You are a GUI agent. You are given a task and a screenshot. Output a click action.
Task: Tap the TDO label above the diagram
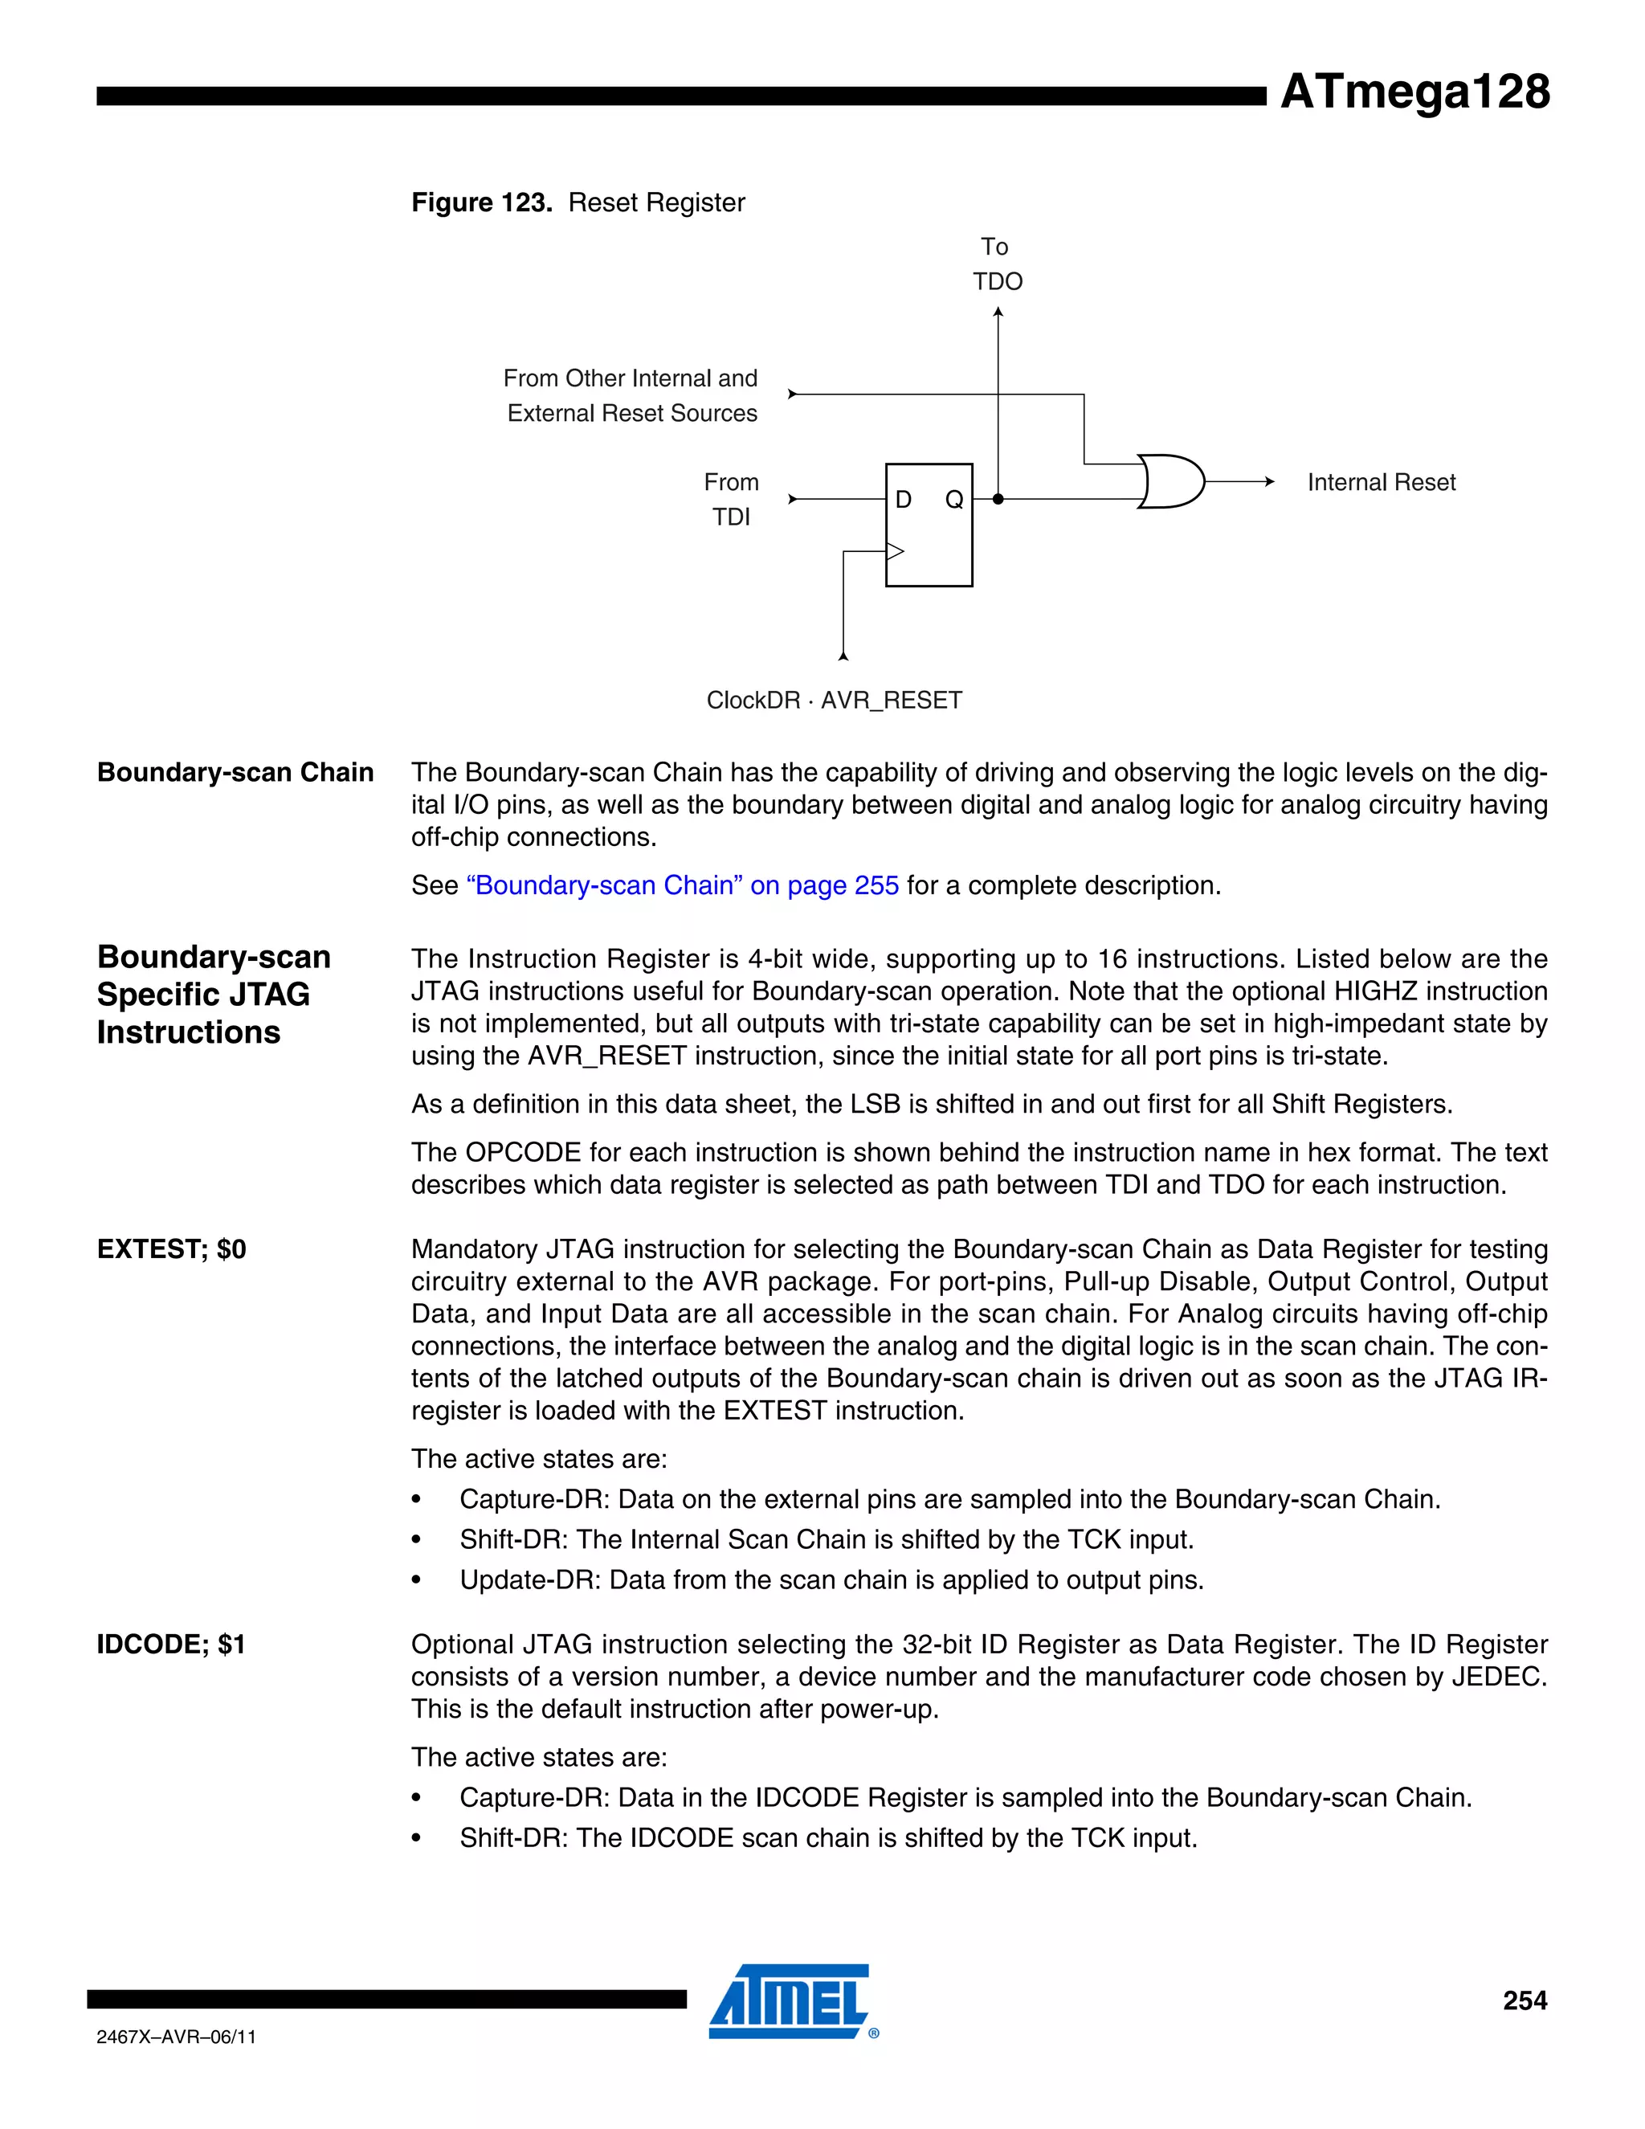(997, 282)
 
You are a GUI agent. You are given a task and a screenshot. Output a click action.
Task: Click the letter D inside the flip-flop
(904, 500)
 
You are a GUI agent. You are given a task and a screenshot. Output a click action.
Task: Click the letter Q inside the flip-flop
(954, 500)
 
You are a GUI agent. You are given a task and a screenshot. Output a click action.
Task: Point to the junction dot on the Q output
(998, 499)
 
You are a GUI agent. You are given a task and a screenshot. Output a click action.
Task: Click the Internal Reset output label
(1381, 483)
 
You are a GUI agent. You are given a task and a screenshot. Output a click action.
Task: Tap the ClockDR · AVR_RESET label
(835, 700)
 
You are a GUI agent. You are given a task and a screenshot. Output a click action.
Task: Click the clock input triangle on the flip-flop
(895, 552)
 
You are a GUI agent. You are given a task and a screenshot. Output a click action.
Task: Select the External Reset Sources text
(631, 413)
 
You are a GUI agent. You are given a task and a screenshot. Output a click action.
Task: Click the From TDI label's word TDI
(731, 517)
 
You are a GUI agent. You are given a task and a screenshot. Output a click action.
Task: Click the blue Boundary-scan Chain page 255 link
(682, 885)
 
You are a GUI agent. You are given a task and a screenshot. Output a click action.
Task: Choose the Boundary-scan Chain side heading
(235, 772)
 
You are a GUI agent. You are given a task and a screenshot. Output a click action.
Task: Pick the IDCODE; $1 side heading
(170, 1645)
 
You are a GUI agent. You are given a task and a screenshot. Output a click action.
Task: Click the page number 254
(1525, 2000)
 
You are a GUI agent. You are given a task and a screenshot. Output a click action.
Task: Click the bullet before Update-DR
(416, 1580)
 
